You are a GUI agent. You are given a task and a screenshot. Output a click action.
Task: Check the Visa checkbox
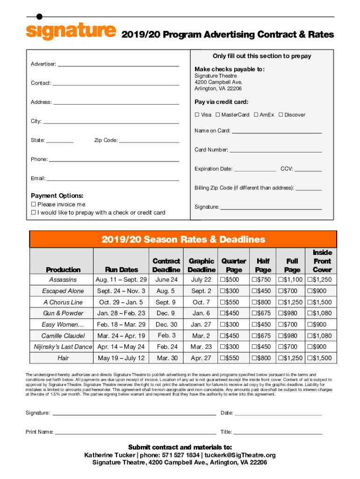click(x=197, y=115)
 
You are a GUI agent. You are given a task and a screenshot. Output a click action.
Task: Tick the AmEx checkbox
click(x=256, y=115)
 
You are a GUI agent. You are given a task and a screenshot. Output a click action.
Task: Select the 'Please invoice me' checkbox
click(x=34, y=204)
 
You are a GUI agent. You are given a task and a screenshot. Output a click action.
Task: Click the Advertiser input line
click(x=118, y=65)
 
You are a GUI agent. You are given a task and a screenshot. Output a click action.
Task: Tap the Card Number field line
click(x=275, y=150)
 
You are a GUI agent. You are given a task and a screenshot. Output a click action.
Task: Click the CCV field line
click(x=308, y=169)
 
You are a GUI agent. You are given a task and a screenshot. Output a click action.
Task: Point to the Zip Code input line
click(x=149, y=140)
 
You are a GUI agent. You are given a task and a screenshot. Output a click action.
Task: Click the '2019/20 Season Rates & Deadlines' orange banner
click(x=183, y=239)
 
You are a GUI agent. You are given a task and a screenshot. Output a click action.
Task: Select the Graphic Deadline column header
click(x=202, y=265)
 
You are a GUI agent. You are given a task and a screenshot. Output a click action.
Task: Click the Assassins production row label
click(x=63, y=280)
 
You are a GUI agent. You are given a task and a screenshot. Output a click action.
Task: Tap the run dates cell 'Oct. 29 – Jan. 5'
click(x=121, y=302)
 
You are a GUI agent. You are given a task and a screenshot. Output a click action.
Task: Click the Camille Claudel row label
click(x=63, y=336)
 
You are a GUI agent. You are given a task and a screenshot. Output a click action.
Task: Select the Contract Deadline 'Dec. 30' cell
click(x=166, y=325)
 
